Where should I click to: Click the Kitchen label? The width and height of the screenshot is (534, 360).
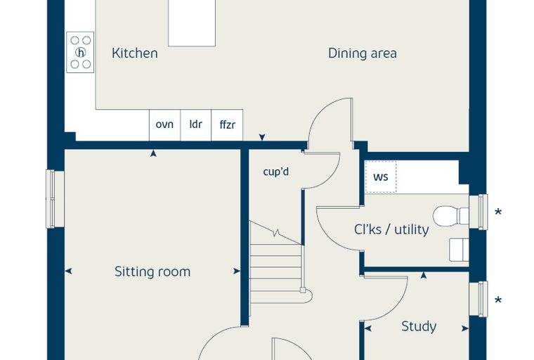tap(134, 53)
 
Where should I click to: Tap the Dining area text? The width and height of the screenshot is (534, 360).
tap(363, 53)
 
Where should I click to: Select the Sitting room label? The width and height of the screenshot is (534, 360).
tap(152, 271)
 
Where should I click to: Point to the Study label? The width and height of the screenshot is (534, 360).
tap(419, 326)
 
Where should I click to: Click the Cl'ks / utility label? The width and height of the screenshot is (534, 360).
tap(391, 229)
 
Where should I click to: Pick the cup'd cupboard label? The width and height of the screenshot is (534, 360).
tap(276, 171)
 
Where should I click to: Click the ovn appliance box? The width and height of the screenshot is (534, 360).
tap(164, 125)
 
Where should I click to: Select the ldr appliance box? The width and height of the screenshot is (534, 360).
tap(196, 125)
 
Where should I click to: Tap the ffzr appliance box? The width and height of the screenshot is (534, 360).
tap(227, 125)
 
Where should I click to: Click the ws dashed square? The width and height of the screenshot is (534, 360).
tap(381, 177)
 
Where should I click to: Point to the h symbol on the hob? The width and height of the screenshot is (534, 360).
tap(81, 53)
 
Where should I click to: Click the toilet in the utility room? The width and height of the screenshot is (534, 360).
tap(450, 216)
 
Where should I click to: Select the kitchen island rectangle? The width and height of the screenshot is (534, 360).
tap(192, 23)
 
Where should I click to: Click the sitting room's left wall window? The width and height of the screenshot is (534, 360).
tap(55, 199)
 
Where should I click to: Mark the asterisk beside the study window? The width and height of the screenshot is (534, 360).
tap(498, 300)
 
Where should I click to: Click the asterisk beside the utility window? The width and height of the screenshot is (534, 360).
tap(498, 212)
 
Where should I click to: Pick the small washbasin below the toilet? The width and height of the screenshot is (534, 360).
tap(459, 250)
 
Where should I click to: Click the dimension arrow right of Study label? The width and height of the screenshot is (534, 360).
tap(465, 328)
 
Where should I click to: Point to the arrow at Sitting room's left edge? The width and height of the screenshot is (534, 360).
tap(68, 271)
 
